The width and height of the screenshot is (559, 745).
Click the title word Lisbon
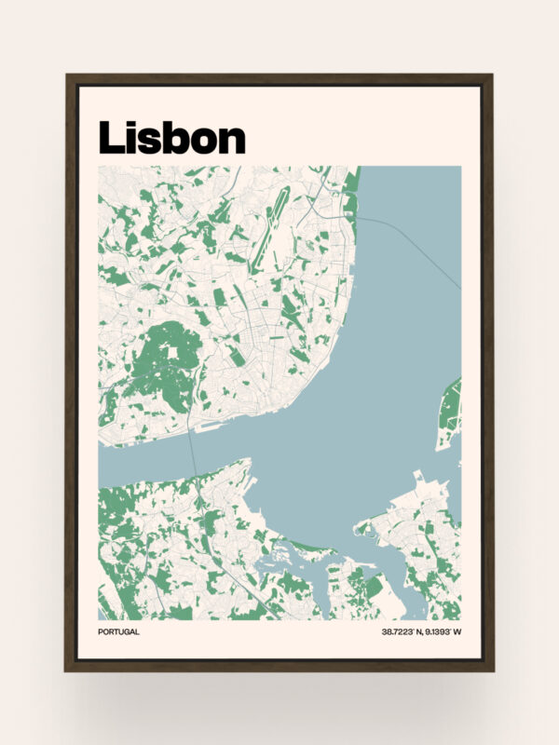(171, 138)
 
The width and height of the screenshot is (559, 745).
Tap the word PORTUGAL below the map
(118, 632)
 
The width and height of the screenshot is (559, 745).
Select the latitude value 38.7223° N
(403, 632)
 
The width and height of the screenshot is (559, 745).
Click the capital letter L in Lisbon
(110, 138)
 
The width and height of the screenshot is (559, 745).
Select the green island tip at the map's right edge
(451, 410)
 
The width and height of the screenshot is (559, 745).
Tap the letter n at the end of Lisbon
(231, 140)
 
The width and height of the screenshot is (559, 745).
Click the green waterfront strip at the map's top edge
(351, 191)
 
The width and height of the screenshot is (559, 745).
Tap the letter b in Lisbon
(171, 138)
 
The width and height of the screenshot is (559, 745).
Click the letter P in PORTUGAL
(101, 632)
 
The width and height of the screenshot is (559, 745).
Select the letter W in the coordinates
(458, 632)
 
